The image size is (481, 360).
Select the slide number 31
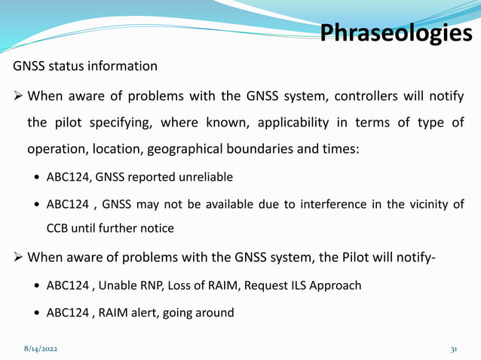click(455, 350)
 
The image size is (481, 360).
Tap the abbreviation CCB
click(60, 228)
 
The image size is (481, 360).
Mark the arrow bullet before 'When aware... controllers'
click(17, 97)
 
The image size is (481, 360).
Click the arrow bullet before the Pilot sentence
click(17, 258)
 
